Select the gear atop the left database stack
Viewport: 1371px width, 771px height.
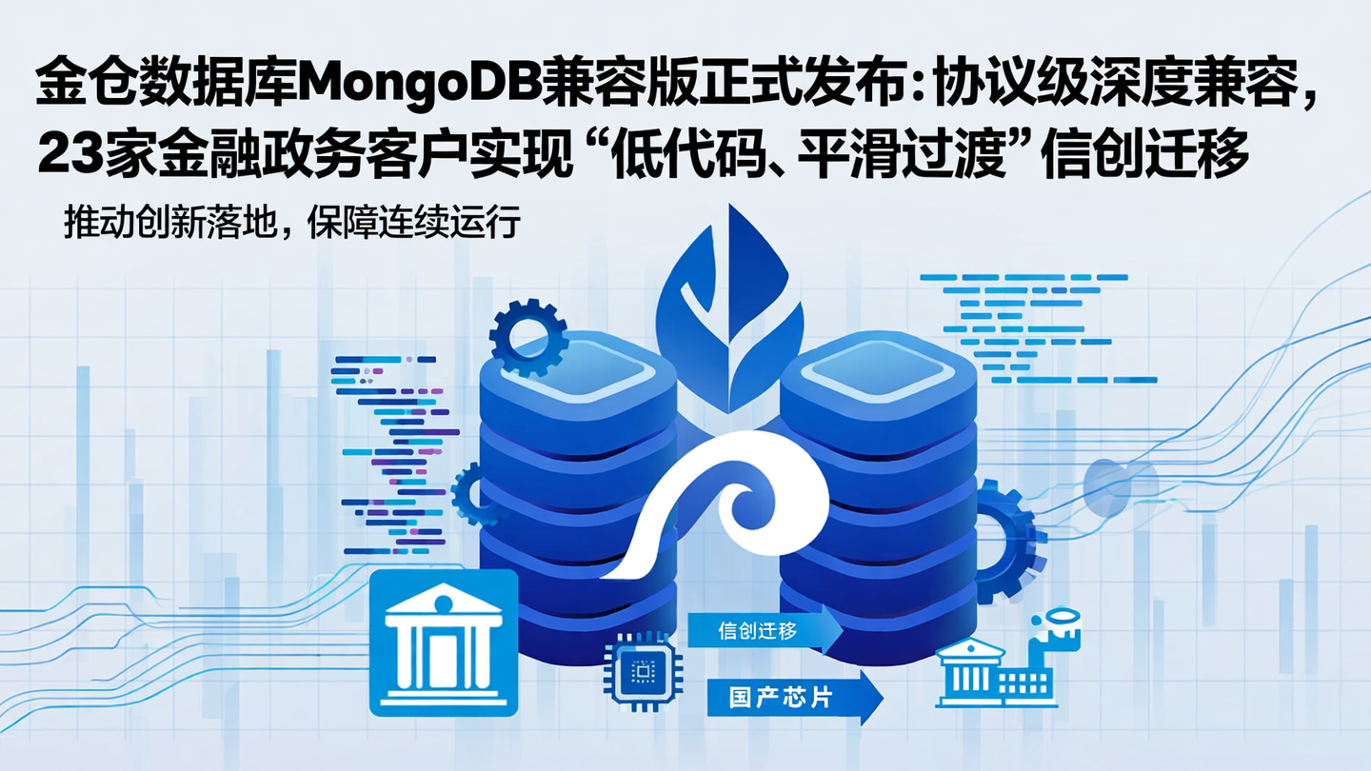pos(527,334)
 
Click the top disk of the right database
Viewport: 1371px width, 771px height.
pos(878,376)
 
